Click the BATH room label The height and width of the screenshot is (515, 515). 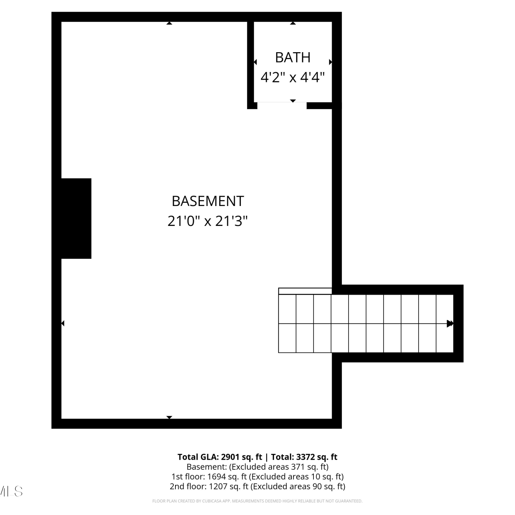[293, 57]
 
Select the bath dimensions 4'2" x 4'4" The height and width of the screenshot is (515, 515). [293, 77]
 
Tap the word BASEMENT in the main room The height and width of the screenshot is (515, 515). [208, 201]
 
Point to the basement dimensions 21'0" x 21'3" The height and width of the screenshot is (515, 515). [208, 221]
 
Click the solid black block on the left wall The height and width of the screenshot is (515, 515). [76, 218]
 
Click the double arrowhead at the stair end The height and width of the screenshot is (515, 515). [450, 323]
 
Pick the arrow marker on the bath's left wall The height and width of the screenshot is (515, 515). [255, 62]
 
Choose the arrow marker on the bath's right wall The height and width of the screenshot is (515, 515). [331, 62]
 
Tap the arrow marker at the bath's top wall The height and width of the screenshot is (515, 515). [293, 23]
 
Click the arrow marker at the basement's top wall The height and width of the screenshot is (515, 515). [169, 23]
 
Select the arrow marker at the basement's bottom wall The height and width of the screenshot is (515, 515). [169, 417]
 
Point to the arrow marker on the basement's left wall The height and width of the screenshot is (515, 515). [63, 323]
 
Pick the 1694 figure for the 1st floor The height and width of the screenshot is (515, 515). [217, 477]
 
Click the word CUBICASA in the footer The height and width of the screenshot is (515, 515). [211, 501]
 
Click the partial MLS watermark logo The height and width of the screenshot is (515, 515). [11, 491]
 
